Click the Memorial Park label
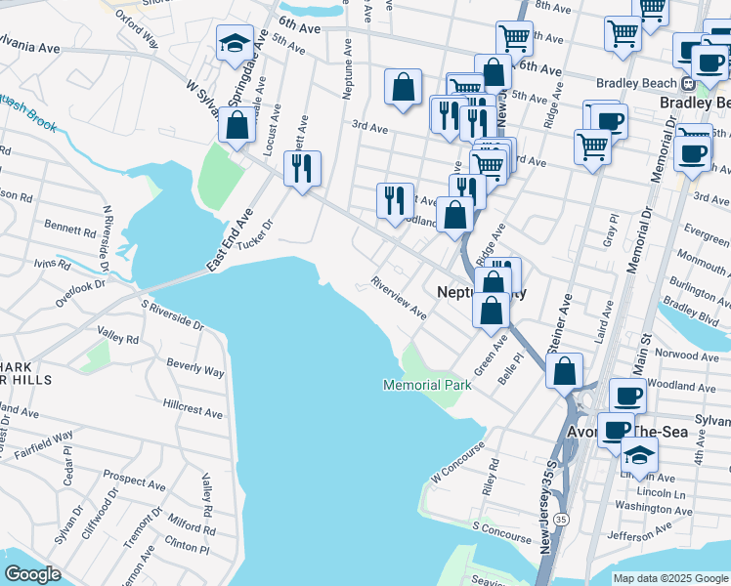[426, 385]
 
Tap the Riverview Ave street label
[398, 299]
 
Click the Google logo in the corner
[32, 574]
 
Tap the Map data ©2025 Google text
[670, 578]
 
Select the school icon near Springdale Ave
[235, 44]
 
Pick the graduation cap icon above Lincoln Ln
[639, 456]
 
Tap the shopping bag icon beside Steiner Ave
[565, 371]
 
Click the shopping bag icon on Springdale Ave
[236, 126]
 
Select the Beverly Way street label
[194, 367]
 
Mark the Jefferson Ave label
[640, 530]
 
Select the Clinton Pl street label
[188, 545]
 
